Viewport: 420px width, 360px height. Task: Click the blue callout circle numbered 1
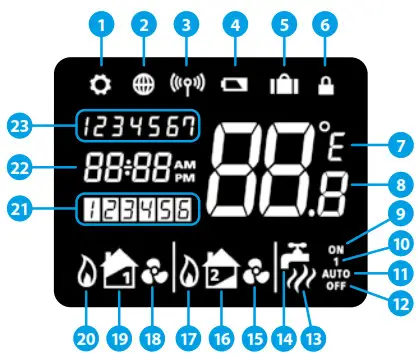click(100, 22)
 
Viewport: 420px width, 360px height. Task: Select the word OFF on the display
click(343, 285)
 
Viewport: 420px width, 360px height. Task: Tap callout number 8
click(399, 184)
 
